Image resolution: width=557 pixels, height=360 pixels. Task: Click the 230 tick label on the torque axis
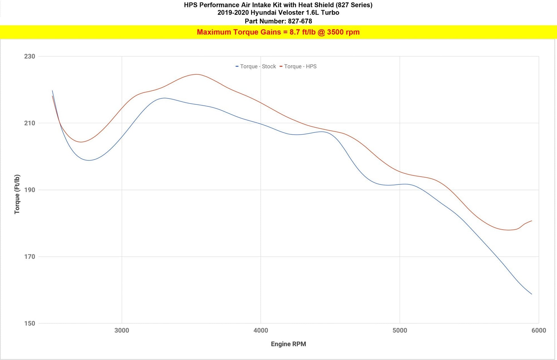(x=30, y=56)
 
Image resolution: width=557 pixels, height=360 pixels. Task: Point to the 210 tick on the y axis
(x=30, y=123)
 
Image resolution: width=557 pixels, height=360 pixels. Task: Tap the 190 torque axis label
(x=30, y=190)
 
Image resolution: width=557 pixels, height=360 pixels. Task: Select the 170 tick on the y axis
(x=30, y=257)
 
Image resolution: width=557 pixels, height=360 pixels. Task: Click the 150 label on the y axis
(x=30, y=323)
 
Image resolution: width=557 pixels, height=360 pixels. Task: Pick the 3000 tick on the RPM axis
(x=122, y=331)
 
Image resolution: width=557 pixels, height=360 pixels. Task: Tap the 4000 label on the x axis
(x=261, y=331)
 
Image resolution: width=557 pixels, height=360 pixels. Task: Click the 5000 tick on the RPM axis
(x=400, y=331)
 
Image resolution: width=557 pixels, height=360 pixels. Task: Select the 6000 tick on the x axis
(x=539, y=331)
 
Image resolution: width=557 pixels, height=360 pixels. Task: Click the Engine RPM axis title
(x=289, y=344)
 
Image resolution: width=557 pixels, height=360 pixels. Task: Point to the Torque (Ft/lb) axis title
(x=17, y=194)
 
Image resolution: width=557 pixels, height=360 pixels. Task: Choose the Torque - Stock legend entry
(x=256, y=66)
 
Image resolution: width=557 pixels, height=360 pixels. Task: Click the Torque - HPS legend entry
(x=298, y=66)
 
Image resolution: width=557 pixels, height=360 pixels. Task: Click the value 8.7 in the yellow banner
(x=295, y=32)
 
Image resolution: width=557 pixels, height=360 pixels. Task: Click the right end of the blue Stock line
(x=532, y=294)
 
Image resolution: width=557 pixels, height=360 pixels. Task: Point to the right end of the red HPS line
(x=532, y=221)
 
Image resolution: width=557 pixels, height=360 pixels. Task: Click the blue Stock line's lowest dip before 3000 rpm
(x=89, y=160)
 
